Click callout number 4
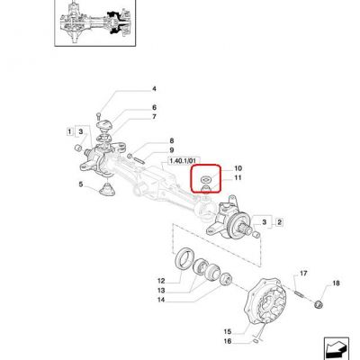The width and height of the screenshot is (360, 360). click(x=154, y=89)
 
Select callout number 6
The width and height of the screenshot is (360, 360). click(x=154, y=107)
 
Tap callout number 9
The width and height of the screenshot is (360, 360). click(x=172, y=150)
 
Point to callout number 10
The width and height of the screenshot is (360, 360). click(x=238, y=168)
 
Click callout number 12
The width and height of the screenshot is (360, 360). click(x=161, y=281)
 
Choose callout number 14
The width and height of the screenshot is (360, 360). click(x=161, y=300)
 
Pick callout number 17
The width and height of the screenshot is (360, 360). click(x=303, y=274)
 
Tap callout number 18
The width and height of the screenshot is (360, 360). click(x=336, y=283)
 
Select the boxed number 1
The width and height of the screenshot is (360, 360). click(x=69, y=131)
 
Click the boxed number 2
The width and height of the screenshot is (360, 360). click(x=279, y=222)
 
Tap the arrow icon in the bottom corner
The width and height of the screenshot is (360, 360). click(x=336, y=348)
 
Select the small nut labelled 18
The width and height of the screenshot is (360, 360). click(x=318, y=304)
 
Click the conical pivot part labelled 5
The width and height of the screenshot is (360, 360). click(x=107, y=190)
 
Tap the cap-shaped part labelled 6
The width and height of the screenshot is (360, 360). click(x=104, y=125)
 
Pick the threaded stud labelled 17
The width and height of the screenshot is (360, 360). click(x=300, y=292)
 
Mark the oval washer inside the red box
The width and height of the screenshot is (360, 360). click(x=206, y=179)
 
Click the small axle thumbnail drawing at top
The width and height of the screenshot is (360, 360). click(x=95, y=23)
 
